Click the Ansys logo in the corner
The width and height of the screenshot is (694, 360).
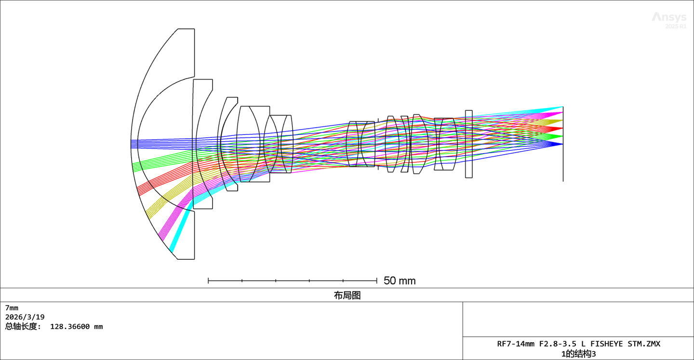pos(669,17)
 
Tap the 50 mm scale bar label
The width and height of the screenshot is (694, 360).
pos(400,280)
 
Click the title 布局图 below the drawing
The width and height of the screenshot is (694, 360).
pos(347,295)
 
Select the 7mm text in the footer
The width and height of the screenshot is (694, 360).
pos(12,308)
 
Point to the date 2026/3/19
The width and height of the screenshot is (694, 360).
pos(25,317)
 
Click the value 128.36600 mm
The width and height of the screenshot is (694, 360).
pos(77,327)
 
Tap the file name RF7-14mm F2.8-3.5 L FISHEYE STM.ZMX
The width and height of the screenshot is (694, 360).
pos(578,344)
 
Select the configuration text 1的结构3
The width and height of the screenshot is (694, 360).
pos(578,354)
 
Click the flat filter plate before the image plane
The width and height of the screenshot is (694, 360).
pos(469,144)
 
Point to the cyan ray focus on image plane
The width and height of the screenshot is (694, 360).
pos(562,107)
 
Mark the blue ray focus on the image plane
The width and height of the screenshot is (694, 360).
pos(562,144)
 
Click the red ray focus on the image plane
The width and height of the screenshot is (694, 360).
pos(562,128)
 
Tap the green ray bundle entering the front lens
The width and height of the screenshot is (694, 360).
pos(155,160)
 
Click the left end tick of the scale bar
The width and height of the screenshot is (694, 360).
pos(208,280)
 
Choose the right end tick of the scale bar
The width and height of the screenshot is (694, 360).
pos(377,280)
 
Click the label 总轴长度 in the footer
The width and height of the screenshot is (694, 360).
pos(22,327)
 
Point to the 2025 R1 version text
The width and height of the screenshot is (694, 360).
pos(676,27)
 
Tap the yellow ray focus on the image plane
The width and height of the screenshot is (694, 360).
pos(562,121)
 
